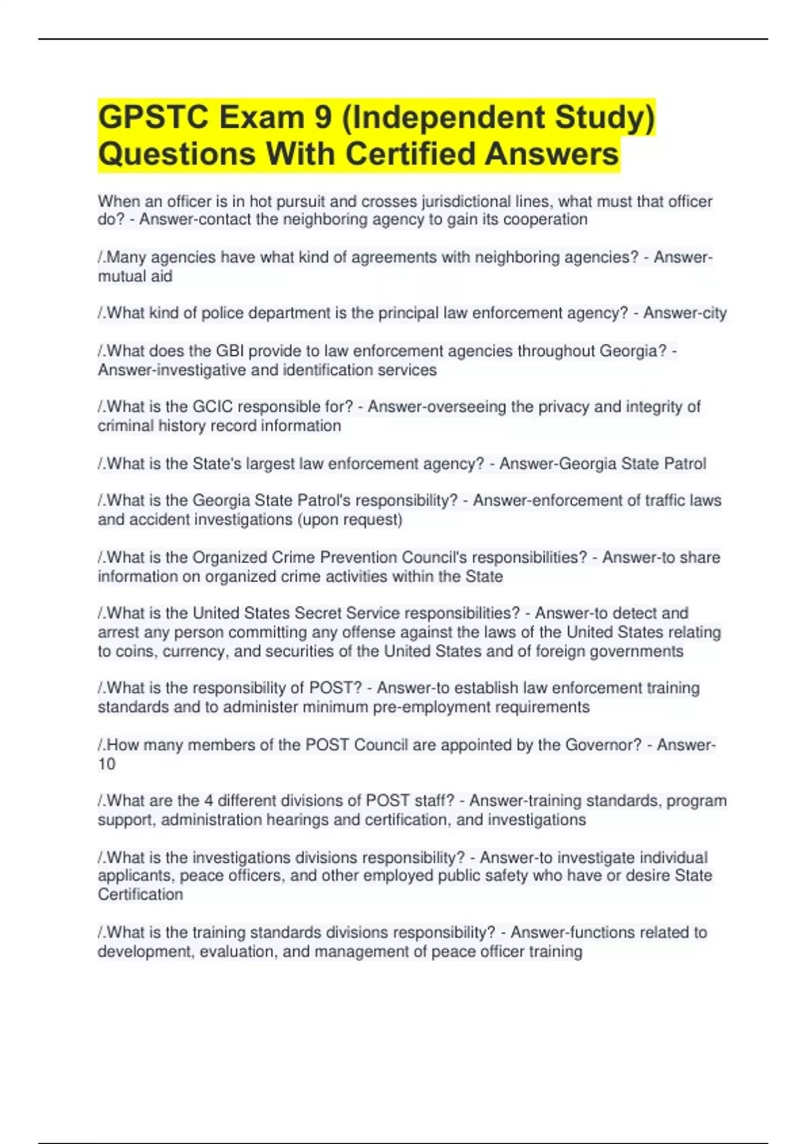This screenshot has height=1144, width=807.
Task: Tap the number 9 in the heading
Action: tap(323, 118)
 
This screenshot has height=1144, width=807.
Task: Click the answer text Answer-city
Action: tap(685, 314)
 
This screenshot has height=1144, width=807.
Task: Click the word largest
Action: tap(271, 464)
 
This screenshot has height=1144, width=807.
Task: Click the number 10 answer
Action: tap(106, 764)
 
